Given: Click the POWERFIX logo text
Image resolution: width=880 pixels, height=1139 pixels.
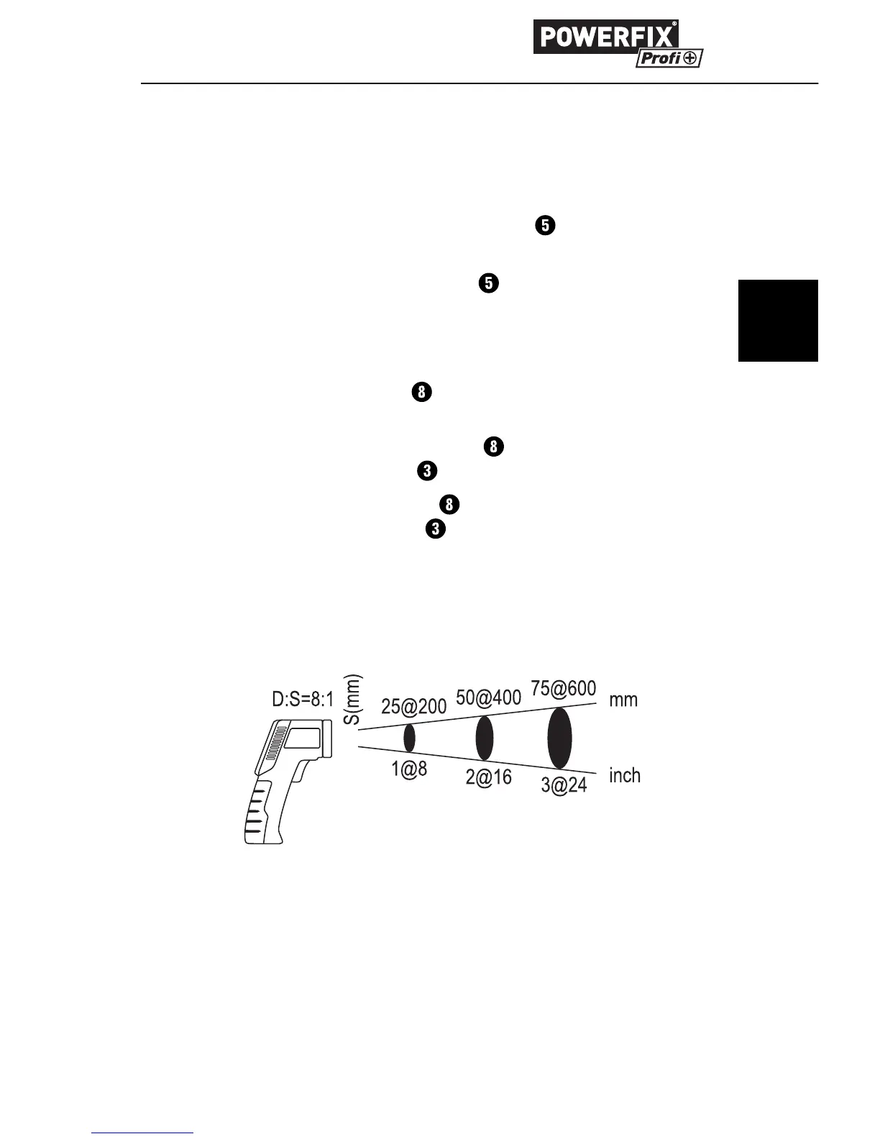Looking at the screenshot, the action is pyautogui.click(x=605, y=37).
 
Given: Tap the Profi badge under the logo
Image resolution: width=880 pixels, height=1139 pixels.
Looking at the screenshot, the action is pyautogui.click(x=669, y=58).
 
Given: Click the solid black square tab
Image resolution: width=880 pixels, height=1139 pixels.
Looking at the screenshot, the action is pyautogui.click(x=778, y=321).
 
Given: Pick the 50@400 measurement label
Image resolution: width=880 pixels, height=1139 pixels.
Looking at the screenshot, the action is pyautogui.click(x=488, y=697).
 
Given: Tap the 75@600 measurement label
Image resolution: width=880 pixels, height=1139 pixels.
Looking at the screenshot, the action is pyautogui.click(x=564, y=689).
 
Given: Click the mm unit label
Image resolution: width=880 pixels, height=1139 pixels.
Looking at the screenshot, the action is pyautogui.click(x=623, y=700).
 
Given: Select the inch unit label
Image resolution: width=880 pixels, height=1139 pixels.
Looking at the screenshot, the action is pyautogui.click(x=624, y=775).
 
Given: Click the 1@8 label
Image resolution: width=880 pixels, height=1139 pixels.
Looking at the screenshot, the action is pyautogui.click(x=409, y=769).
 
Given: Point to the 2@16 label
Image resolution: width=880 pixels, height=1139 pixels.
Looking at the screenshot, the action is pyautogui.click(x=489, y=777).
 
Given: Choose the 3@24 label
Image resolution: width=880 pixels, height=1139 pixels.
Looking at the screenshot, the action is pyautogui.click(x=564, y=785).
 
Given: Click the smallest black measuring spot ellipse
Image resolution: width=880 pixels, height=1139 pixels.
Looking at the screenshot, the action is pyautogui.click(x=409, y=738).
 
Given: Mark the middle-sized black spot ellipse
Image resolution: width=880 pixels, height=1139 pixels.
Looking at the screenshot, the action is pyautogui.click(x=485, y=738).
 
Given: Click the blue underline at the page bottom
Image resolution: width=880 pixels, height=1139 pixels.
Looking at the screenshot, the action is pyautogui.click(x=143, y=1133).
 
